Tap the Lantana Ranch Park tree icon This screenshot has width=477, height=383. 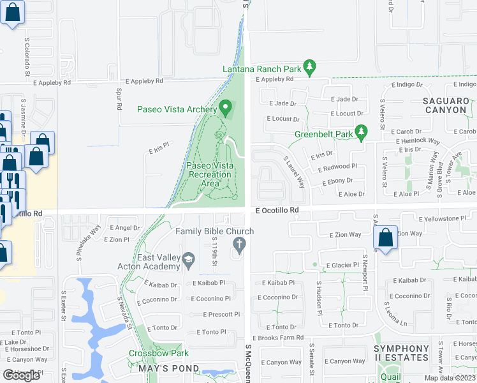[x=310, y=66]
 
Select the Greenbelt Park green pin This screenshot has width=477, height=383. [x=362, y=133]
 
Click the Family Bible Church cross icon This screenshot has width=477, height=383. [x=240, y=243]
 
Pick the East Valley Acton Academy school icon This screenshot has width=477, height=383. [x=188, y=260]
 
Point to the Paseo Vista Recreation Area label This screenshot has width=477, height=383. [x=210, y=174]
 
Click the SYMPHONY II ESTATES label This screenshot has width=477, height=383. [x=402, y=353]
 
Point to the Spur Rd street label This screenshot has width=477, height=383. [x=119, y=100]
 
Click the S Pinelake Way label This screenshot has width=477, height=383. [x=87, y=243]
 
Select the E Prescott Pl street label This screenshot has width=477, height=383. [x=221, y=314]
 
